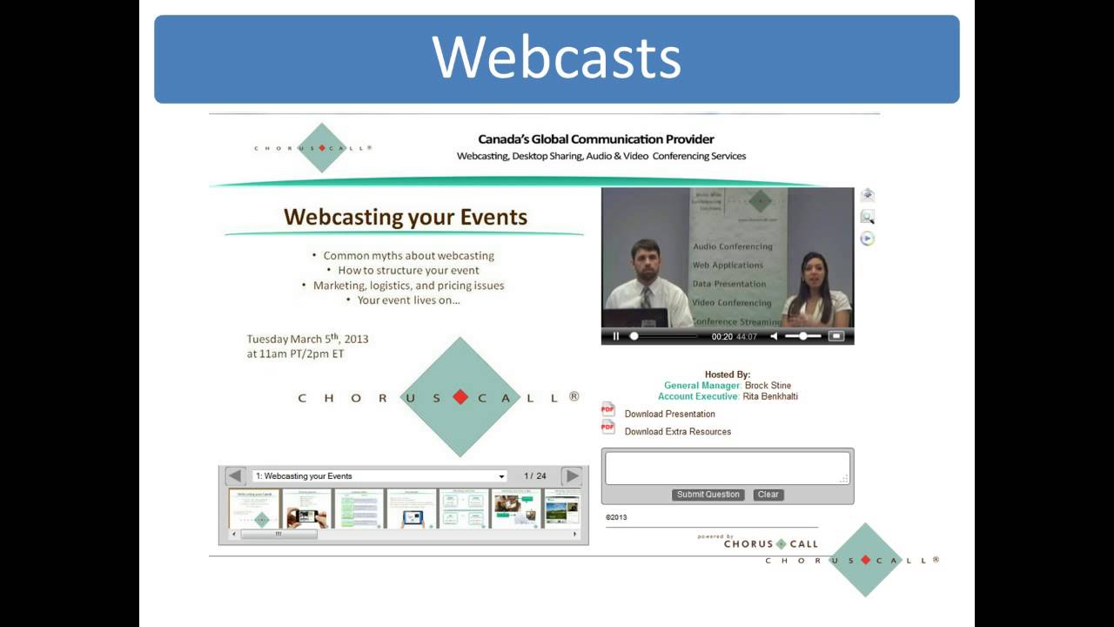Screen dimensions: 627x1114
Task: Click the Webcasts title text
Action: pyautogui.click(x=556, y=58)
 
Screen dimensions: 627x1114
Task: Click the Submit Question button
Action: pyautogui.click(x=708, y=495)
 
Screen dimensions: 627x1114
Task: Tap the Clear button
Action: pyautogui.click(x=768, y=495)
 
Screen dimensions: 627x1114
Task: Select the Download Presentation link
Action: pyautogui.click(x=669, y=414)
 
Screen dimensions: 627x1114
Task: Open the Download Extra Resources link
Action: pyautogui.click(x=677, y=431)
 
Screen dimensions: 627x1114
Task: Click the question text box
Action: pyautogui.click(x=727, y=468)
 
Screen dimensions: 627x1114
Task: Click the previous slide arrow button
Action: pyautogui.click(x=235, y=476)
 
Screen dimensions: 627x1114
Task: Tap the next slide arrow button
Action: pyautogui.click(x=572, y=476)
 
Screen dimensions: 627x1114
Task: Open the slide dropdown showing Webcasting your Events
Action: pyautogui.click(x=379, y=476)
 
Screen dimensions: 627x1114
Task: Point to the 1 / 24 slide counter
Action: pyautogui.click(x=535, y=476)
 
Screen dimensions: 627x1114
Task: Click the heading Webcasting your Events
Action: pyautogui.click(x=406, y=217)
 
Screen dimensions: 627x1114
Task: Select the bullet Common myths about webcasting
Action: pyautogui.click(x=408, y=256)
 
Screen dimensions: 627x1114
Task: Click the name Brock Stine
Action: pyautogui.click(x=768, y=385)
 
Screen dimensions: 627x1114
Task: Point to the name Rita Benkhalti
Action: pyautogui.click(x=769, y=396)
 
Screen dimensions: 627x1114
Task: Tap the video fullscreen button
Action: pyautogui.click(x=835, y=336)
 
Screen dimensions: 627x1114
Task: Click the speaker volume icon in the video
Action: pyautogui.click(x=774, y=336)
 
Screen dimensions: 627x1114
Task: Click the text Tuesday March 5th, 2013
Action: pyautogui.click(x=307, y=339)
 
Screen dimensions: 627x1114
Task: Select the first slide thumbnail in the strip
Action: pyautogui.click(x=254, y=509)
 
